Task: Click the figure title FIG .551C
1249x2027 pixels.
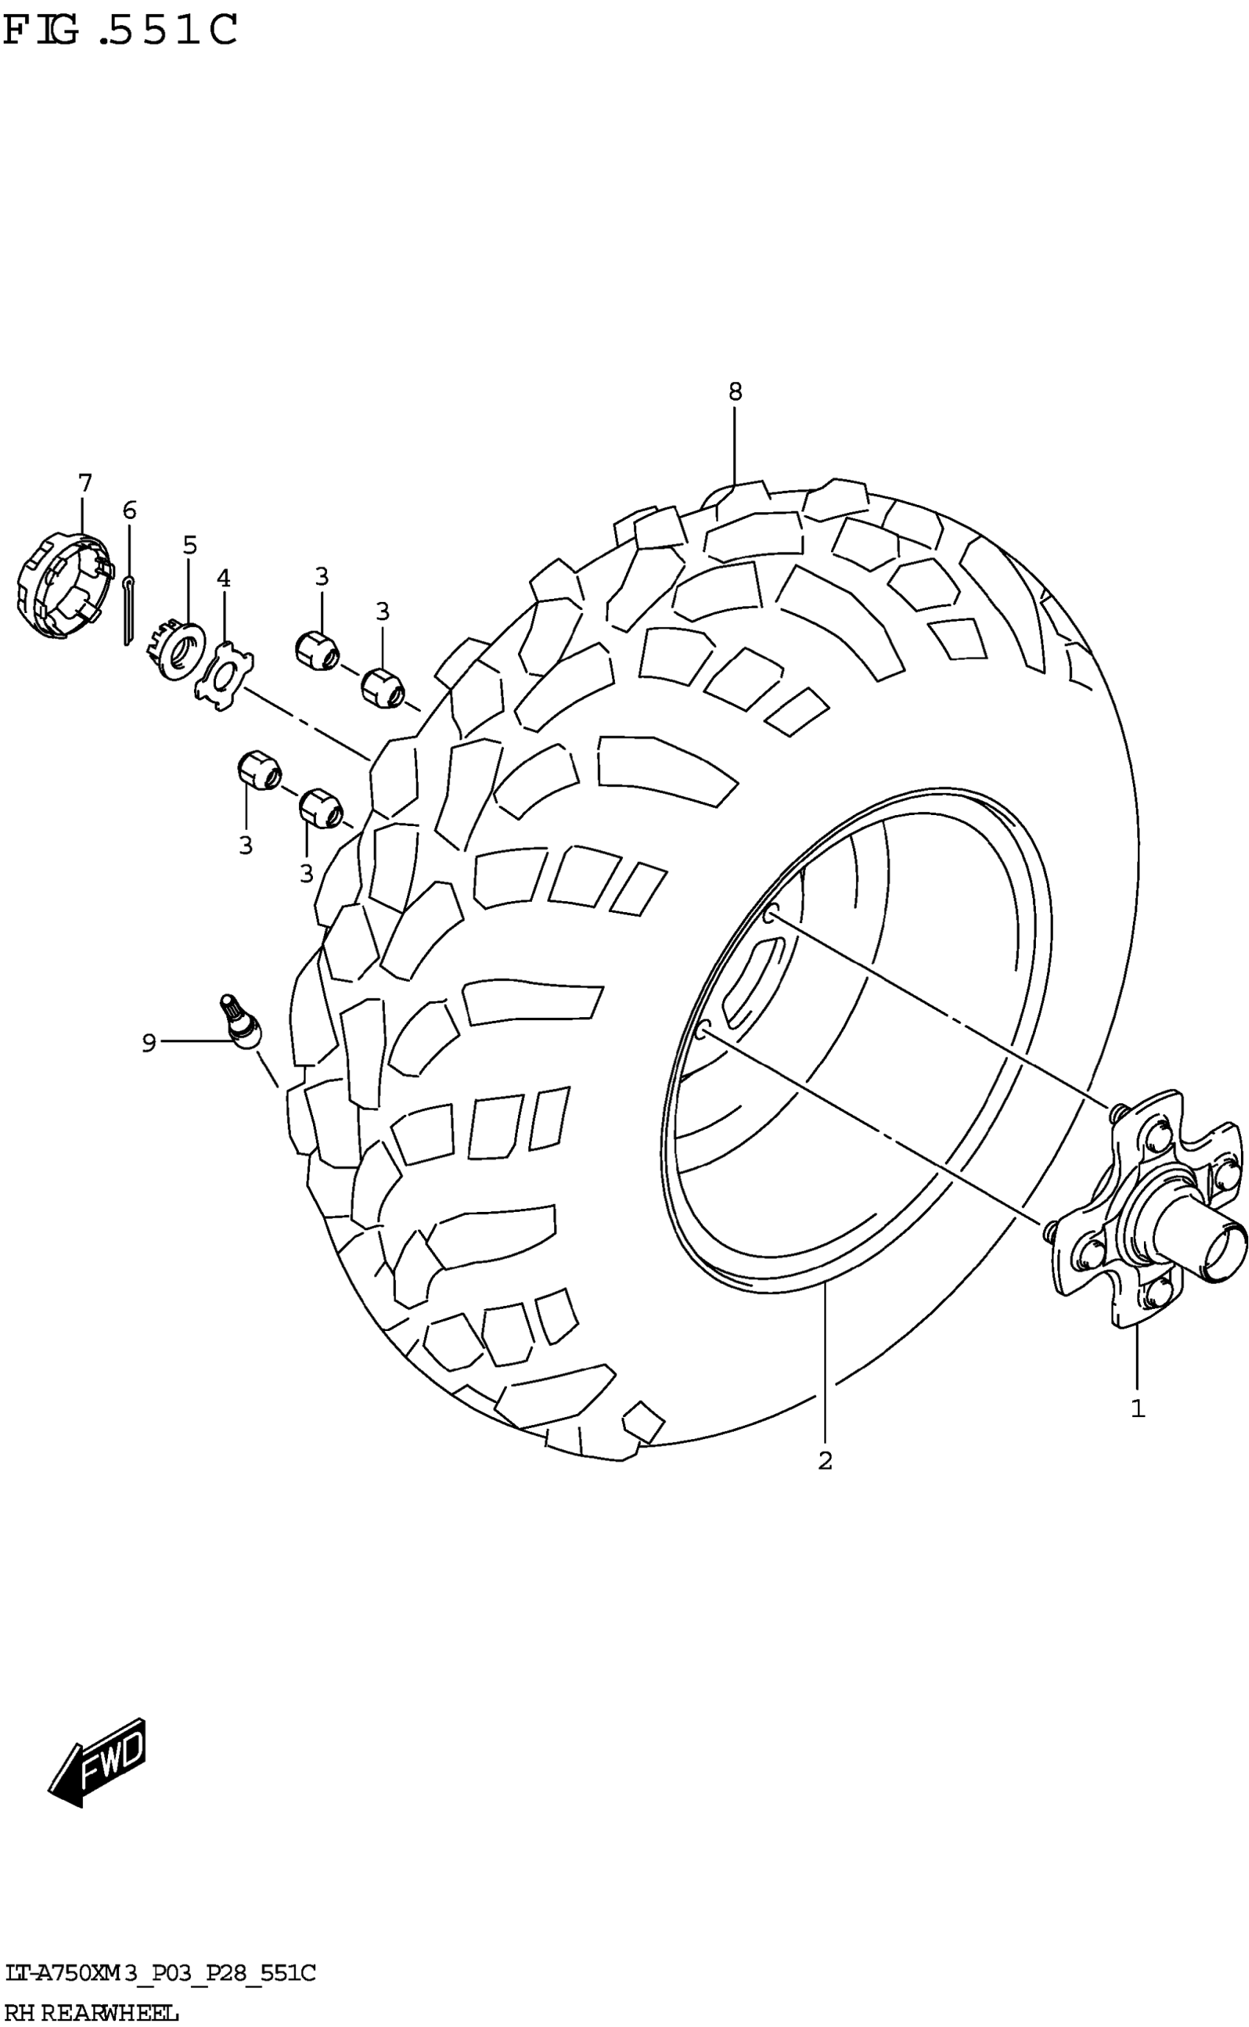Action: pos(120,32)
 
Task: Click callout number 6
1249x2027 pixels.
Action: pos(130,511)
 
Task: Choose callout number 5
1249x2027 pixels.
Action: pos(190,545)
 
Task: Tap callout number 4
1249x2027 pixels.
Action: pos(224,578)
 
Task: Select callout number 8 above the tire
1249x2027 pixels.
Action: pos(735,392)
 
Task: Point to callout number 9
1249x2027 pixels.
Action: pos(148,1044)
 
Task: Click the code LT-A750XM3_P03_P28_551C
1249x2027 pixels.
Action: pos(159,1974)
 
